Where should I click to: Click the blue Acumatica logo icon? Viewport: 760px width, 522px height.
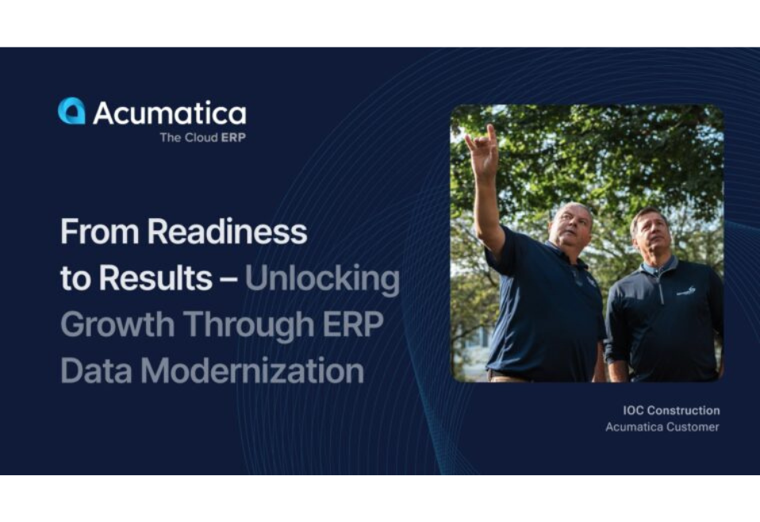click(x=71, y=111)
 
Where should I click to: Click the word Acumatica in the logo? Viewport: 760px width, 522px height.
click(x=169, y=113)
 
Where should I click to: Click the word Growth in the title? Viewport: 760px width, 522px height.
click(x=117, y=324)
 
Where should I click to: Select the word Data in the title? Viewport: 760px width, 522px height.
click(x=94, y=370)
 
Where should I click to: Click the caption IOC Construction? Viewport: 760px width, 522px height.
click(x=671, y=410)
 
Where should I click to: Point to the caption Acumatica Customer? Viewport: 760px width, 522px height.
click(x=662, y=427)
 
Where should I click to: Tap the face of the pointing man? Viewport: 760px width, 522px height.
click(x=573, y=227)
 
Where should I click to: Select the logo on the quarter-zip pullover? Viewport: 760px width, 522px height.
click(x=686, y=291)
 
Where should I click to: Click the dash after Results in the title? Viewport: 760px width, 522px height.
click(x=228, y=279)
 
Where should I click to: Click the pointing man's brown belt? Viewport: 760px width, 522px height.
click(x=508, y=375)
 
